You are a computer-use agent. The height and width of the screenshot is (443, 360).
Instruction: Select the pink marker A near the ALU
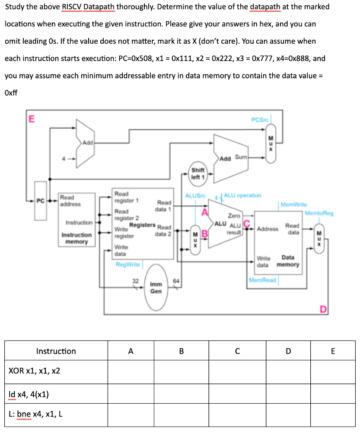205,211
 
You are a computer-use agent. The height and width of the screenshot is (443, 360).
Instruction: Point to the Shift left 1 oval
198,173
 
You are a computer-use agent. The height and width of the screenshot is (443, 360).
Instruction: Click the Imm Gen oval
156,288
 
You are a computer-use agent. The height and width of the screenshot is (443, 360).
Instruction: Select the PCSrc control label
259,119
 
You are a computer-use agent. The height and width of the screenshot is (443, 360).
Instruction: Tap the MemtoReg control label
319,213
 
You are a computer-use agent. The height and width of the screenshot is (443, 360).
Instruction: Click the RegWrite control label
127,264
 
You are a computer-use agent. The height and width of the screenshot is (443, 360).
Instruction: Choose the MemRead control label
263,280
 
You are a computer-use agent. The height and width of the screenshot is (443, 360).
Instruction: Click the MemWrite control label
294,204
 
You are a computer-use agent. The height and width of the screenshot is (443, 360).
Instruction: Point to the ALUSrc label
195,196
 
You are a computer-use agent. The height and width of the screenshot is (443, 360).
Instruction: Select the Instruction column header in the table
56,351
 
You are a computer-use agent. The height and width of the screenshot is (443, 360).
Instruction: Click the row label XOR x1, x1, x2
35,371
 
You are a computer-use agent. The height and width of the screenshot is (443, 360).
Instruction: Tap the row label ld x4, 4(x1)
29,394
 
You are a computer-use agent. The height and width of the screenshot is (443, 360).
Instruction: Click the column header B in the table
181,351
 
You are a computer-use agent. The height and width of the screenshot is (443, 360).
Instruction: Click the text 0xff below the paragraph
12,93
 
